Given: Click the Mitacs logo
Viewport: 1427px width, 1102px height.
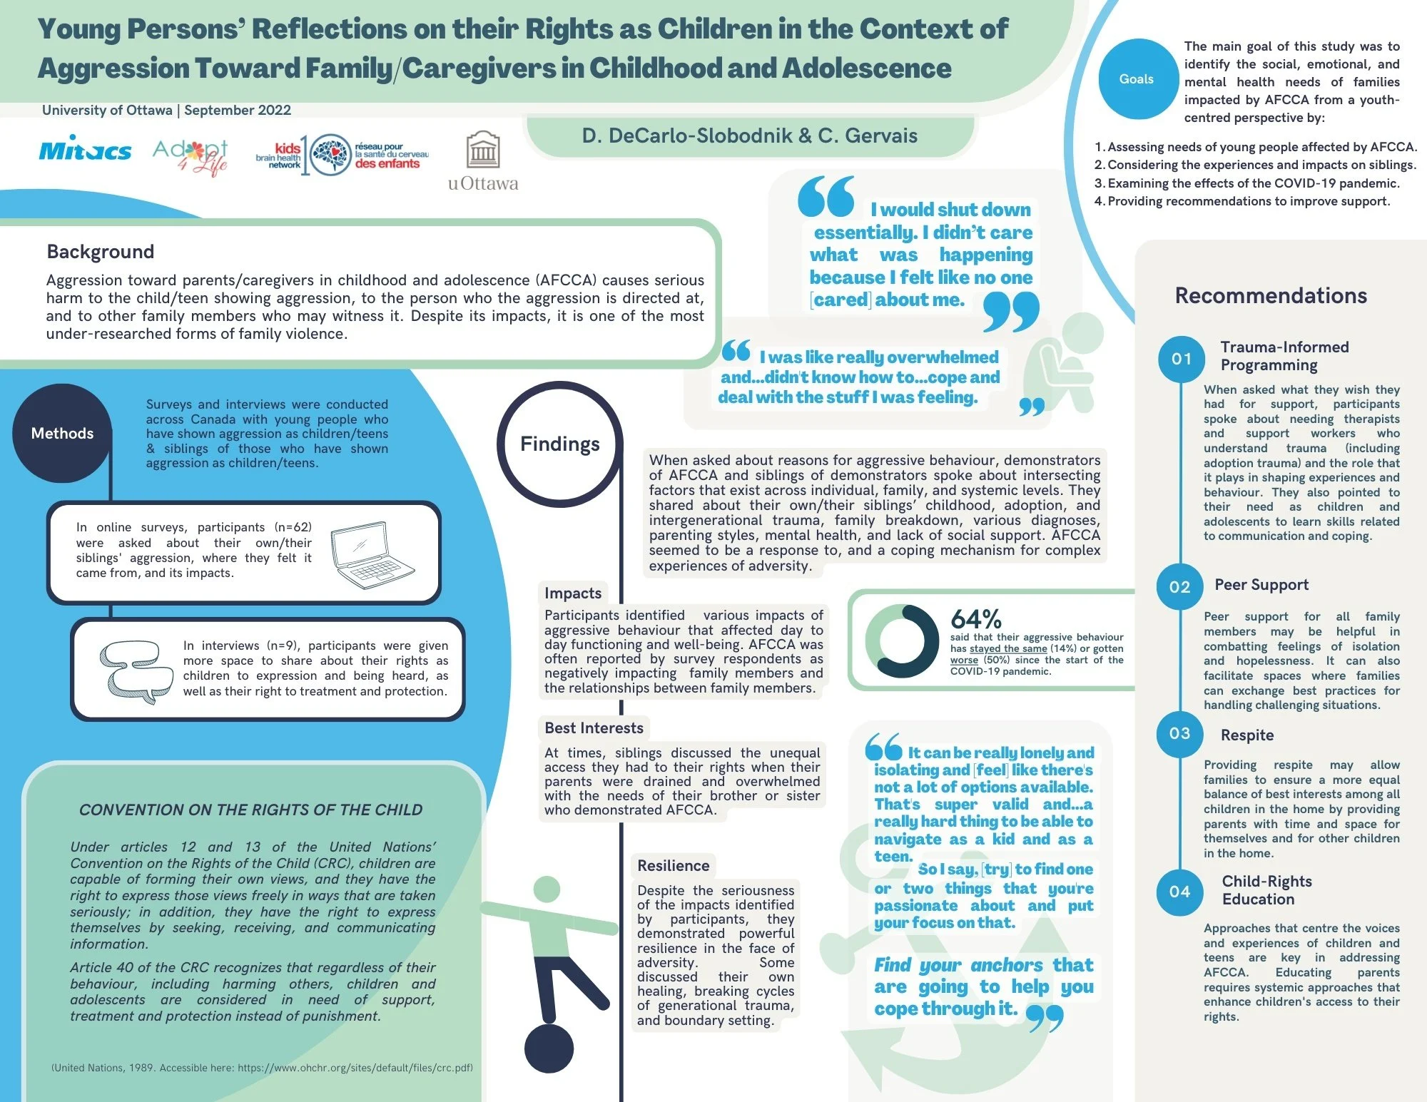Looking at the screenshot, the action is (x=85, y=150).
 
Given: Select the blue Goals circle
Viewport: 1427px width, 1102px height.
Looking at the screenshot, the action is (x=1136, y=79).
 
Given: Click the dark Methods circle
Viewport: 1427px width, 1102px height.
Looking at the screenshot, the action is (x=62, y=433).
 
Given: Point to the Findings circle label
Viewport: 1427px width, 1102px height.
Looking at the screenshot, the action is (x=559, y=444).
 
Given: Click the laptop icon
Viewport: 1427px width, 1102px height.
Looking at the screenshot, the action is (x=372, y=555).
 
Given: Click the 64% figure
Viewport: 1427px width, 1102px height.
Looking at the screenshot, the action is (x=975, y=618).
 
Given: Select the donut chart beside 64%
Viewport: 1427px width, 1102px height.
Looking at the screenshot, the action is (x=901, y=641).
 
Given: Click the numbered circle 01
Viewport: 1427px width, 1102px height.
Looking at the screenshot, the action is (x=1181, y=359).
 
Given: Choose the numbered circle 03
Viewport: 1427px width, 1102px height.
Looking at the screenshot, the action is (x=1179, y=733).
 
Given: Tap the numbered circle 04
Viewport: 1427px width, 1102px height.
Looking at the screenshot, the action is (x=1179, y=892).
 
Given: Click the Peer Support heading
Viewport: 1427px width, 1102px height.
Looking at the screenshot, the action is (x=1261, y=585).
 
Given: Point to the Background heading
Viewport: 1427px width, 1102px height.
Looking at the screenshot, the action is (x=101, y=252).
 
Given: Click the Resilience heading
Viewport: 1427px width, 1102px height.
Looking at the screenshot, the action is (x=673, y=866).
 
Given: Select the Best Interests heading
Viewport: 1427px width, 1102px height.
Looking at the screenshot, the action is (x=594, y=728).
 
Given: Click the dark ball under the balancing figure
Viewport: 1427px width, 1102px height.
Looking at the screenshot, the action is (x=549, y=1049).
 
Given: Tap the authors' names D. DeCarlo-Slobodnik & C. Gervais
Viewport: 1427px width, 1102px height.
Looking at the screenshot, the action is (x=749, y=136).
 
